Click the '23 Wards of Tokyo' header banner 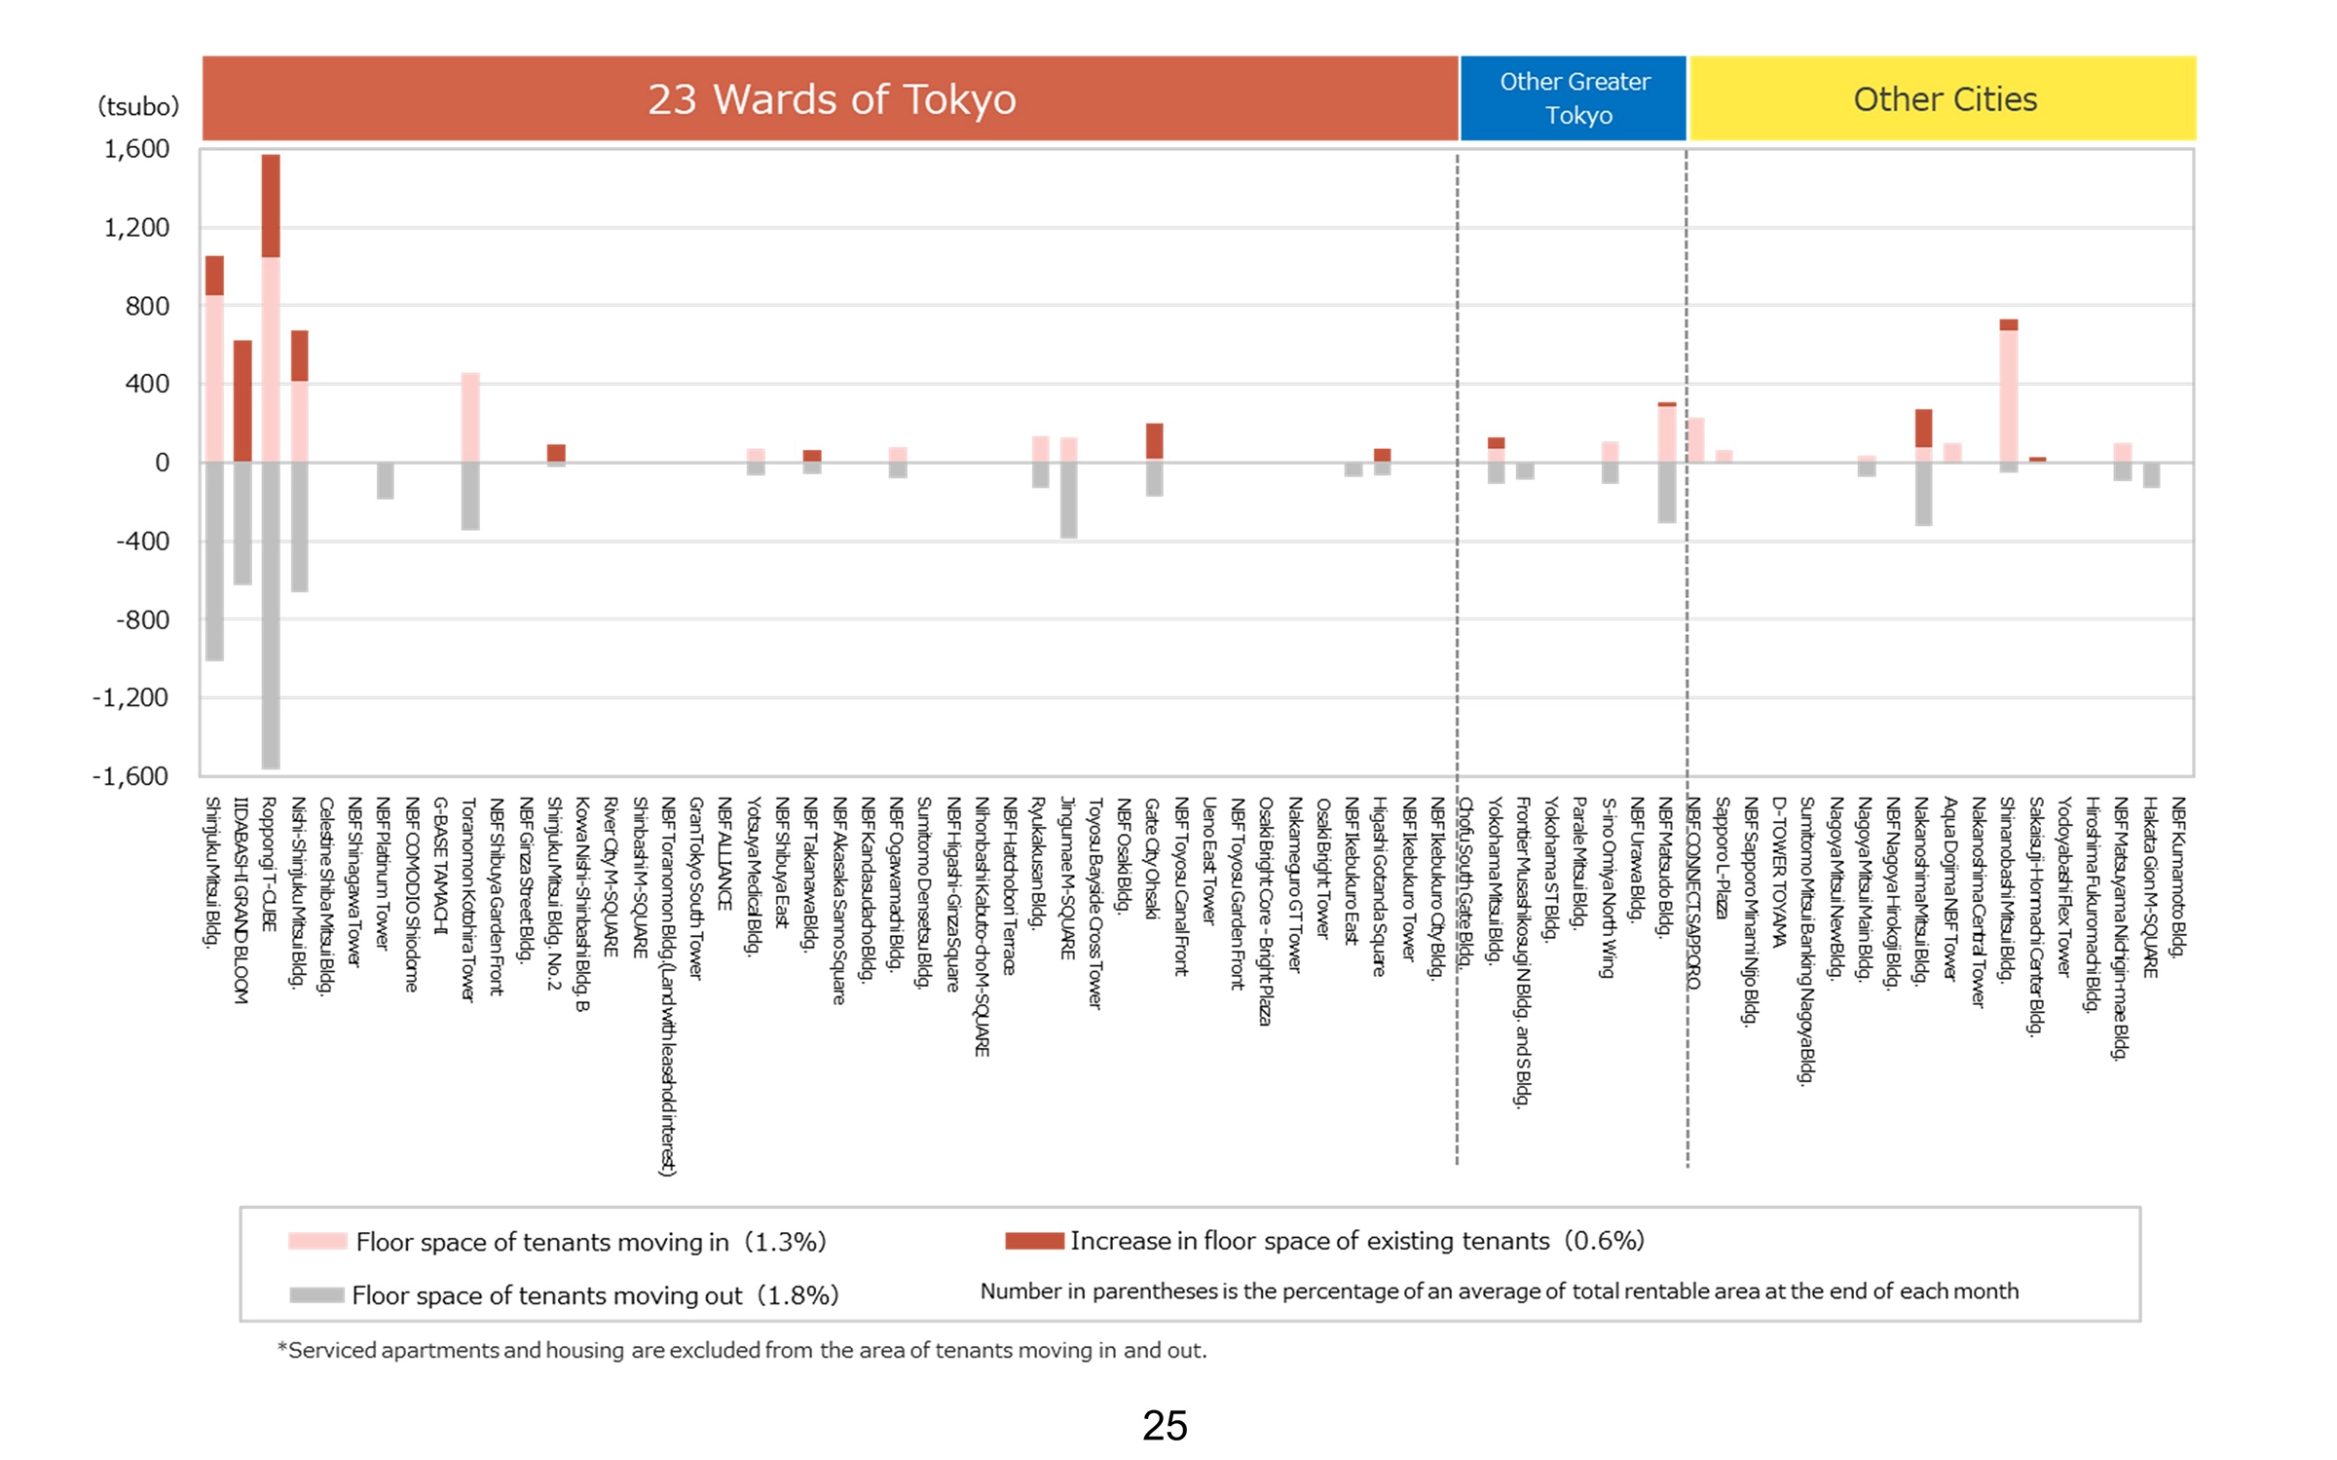coord(830,98)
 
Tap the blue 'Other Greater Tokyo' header coord(1573,98)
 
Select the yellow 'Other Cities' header coord(1943,98)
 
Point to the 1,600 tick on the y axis coord(136,149)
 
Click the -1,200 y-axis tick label coord(130,697)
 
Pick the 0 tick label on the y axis coord(162,463)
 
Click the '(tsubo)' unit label coord(138,106)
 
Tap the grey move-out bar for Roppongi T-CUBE coord(271,614)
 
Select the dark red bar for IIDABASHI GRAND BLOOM coord(242,400)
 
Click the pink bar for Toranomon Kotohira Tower coord(470,417)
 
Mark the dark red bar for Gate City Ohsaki coord(1154,441)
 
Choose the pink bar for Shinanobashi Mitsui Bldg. coord(2008,395)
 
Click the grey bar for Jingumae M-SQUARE coord(1068,500)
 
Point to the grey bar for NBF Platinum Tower coord(386,480)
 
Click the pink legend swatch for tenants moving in coord(317,1241)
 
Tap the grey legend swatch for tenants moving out coord(317,1294)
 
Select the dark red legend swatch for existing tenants coord(1034,1240)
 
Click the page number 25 coord(1165,1425)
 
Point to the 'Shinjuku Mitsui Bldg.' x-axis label coord(212,871)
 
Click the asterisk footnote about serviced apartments coord(742,1350)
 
